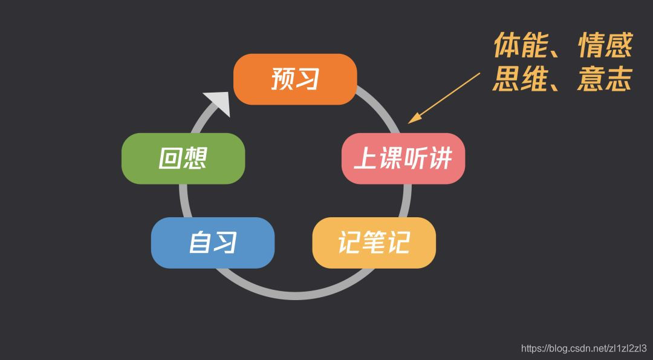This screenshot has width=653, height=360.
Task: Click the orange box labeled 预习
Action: pos(295,79)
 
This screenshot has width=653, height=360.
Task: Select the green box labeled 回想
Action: pos(183,158)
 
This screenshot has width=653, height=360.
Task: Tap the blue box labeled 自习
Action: pos(213,243)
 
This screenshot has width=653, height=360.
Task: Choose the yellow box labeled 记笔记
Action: pos(374,243)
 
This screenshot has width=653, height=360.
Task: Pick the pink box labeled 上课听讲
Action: pos(403,159)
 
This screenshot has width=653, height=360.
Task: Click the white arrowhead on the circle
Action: pos(218,102)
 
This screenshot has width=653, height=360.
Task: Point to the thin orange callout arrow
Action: pos(444,97)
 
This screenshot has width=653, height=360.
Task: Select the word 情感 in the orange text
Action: pos(605,46)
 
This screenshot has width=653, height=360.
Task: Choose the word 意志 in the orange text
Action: pos(605,79)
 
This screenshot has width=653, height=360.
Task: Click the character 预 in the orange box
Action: pos(282,79)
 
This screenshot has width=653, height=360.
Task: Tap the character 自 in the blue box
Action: pos(200,243)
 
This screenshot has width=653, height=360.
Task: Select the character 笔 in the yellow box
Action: pos(374,243)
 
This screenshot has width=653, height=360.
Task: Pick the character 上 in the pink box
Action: pos(365,159)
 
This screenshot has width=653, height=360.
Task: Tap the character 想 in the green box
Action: pos(195,158)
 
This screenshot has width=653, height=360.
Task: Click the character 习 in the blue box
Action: pos(225,243)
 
